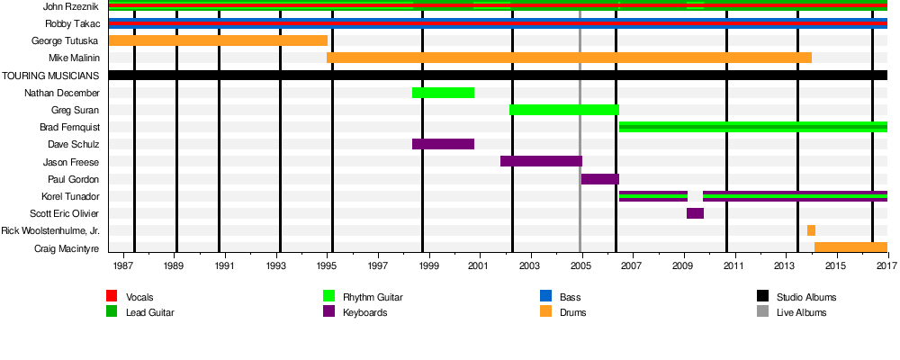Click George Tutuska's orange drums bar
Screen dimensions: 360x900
pos(218,40)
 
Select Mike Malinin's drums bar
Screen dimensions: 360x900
pos(569,58)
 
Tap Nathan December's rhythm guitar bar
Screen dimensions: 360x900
pos(443,93)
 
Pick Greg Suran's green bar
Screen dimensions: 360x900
pos(563,110)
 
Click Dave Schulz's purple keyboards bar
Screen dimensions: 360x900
pos(443,144)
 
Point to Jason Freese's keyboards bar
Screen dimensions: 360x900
pos(541,161)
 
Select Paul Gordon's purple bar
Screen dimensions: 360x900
pos(599,179)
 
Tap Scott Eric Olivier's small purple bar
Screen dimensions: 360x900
pos(695,213)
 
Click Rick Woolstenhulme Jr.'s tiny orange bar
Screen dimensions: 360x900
pos(811,230)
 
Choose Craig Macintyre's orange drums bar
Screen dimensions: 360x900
pos(850,247)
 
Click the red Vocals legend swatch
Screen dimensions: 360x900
pos(112,296)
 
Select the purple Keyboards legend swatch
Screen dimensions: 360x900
pos(328,311)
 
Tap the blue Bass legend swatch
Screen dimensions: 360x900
pos(545,296)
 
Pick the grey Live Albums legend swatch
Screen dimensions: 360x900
pos(762,311)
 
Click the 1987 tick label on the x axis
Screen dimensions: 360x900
pos(124,266)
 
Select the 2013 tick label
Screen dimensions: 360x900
pos(785,266)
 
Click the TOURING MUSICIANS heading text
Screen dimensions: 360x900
pos(50,76)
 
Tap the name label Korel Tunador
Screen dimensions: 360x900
pos(70,196)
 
